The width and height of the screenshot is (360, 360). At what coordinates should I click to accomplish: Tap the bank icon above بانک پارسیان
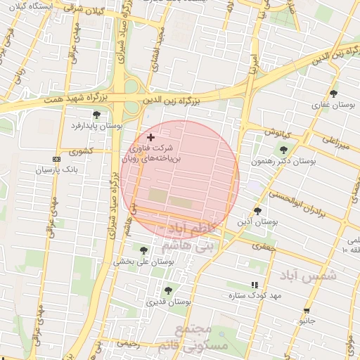[x=57, y=159]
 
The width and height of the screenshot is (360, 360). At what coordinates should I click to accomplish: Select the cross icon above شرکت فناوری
[x=150, y=137]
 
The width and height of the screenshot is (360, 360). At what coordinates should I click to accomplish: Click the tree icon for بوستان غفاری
[x=333, y=94]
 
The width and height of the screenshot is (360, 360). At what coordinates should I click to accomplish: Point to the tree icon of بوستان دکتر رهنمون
[x=283, y=150]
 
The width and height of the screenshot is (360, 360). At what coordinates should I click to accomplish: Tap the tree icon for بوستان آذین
[x=257, y=210]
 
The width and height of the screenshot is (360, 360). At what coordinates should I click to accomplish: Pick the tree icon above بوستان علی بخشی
[x=144, y=250]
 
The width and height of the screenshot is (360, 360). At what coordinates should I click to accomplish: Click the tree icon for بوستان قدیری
[x=167, y=290]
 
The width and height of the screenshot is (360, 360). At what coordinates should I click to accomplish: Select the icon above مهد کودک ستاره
[x=255, y=285]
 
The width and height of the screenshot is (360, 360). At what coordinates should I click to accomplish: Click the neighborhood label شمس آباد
[x=307, y=276]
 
